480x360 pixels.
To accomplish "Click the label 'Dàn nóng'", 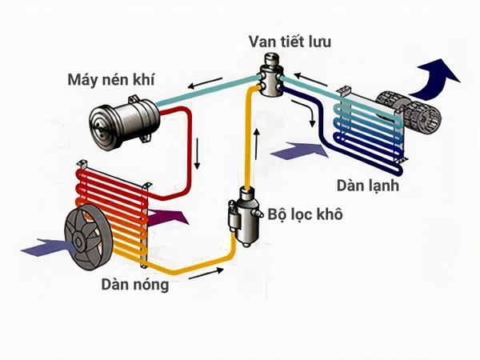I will point(134,283).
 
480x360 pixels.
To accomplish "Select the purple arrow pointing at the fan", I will point(42,246).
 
